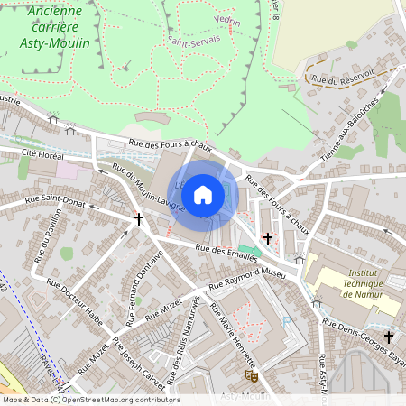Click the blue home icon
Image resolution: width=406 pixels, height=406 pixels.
[203, 193]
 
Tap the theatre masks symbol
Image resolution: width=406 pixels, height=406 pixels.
[252, 373]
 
